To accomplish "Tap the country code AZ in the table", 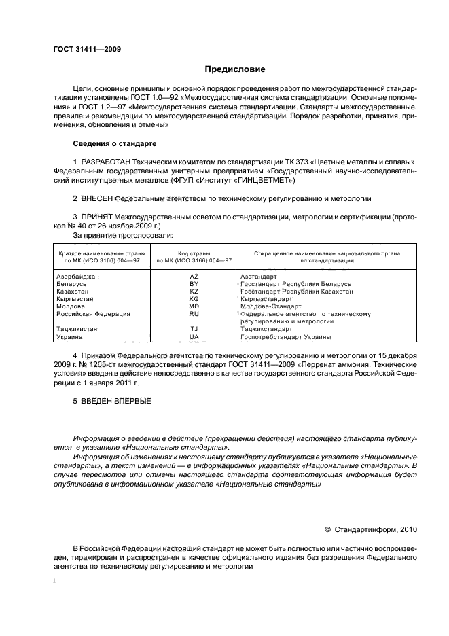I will pos(194,277).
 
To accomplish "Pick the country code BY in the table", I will pos(194,284).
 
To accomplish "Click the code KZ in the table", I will pos(194,291).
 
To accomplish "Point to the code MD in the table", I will pos(194,306).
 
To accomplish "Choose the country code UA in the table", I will pos(194,337).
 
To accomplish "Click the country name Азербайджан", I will pos(77,277).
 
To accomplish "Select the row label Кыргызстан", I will pos(75,299).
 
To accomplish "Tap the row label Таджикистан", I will pos(76,330).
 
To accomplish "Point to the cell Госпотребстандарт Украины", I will pos(286,337).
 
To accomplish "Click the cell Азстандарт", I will pos(259,277).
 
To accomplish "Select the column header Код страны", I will pos(194,253).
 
